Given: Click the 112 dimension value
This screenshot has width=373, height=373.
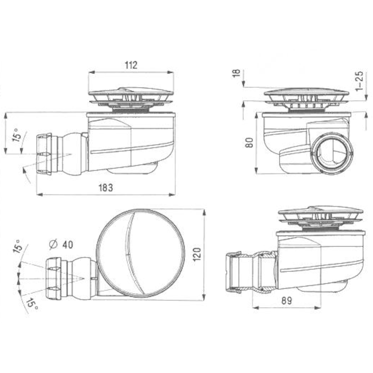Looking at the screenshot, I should (x=131, y=65).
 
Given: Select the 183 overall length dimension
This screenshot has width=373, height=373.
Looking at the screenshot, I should (x=106, y=188).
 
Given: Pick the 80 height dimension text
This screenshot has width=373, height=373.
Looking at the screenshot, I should (x=249, y=142).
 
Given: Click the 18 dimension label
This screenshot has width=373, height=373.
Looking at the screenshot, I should (x=237, y=73).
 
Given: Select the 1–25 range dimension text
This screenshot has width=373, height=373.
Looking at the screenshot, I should (x=360, y=81).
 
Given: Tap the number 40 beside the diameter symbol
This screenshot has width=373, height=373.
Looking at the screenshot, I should (x=68, y=245).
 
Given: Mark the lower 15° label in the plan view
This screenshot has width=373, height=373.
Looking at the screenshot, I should (x=31, y=304).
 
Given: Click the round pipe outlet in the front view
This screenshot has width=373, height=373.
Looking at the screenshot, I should (x=332, y=153).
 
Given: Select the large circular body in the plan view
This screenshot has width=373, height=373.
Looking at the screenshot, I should (x=140, y=253).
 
